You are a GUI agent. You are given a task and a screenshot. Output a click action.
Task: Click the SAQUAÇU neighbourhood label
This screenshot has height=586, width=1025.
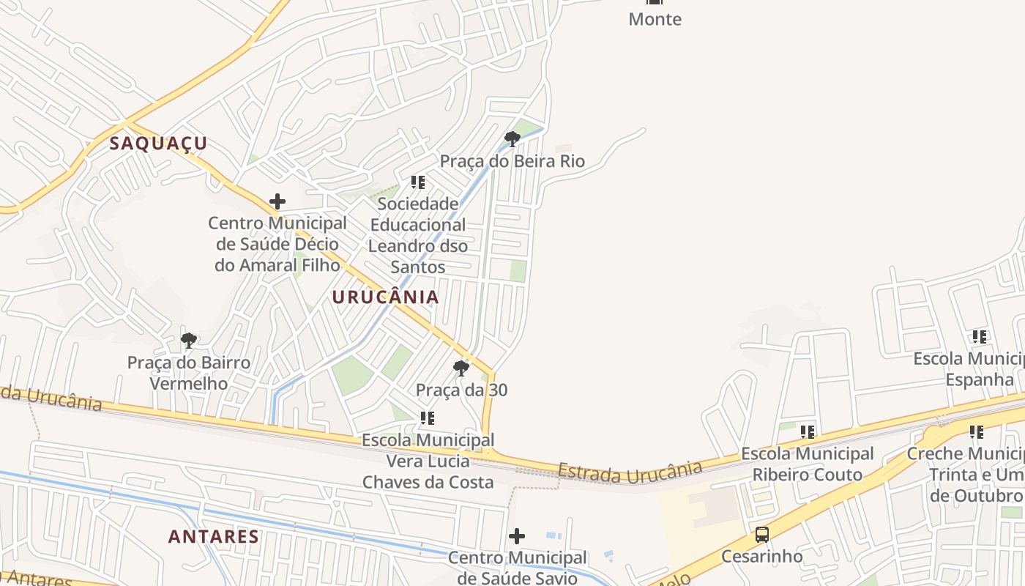pos(158,144)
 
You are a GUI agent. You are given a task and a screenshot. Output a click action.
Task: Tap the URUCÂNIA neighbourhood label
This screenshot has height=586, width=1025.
pos(385,297)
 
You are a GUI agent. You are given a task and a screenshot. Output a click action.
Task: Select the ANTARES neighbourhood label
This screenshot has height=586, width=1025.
pos(214,536)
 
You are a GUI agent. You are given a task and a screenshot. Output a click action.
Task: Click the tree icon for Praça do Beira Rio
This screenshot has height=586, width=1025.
pos(512,138)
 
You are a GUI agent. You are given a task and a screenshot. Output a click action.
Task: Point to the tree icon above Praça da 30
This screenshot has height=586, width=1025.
pos(461,368)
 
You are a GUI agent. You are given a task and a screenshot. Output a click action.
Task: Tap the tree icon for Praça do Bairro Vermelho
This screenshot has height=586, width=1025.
pos(189,340)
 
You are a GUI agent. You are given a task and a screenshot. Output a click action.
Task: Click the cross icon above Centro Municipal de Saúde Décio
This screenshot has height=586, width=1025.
pos(277,201)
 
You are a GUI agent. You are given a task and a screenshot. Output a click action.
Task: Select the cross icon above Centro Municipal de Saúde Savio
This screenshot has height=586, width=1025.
pos(517,536)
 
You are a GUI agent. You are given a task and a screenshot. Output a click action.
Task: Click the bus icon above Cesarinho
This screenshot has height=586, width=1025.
pos(762,535)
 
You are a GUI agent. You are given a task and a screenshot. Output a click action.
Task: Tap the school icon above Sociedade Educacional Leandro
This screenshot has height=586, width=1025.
pos(418,182)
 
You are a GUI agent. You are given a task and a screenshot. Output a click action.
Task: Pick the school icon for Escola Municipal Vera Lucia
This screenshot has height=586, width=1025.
pos(428,418)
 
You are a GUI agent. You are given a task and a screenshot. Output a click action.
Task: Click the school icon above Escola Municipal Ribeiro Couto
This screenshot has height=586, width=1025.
pos(808,432)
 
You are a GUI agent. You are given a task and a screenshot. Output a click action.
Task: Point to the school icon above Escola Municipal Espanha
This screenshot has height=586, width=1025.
pos(980,337)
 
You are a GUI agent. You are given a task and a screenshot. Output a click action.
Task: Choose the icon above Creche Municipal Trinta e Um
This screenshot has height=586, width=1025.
pos(977,432)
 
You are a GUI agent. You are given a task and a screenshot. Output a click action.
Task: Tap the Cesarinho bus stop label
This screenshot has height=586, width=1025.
pos(762,556)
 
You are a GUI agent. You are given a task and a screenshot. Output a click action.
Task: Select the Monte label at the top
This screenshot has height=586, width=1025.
pos(655,19)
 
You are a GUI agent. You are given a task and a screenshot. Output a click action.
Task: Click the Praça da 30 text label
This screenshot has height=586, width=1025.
pos(461,390)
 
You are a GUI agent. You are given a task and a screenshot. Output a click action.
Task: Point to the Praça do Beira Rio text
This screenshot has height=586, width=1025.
pos(512,161)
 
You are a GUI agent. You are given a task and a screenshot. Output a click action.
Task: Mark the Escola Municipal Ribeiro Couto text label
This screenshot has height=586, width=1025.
pos(808,464)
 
